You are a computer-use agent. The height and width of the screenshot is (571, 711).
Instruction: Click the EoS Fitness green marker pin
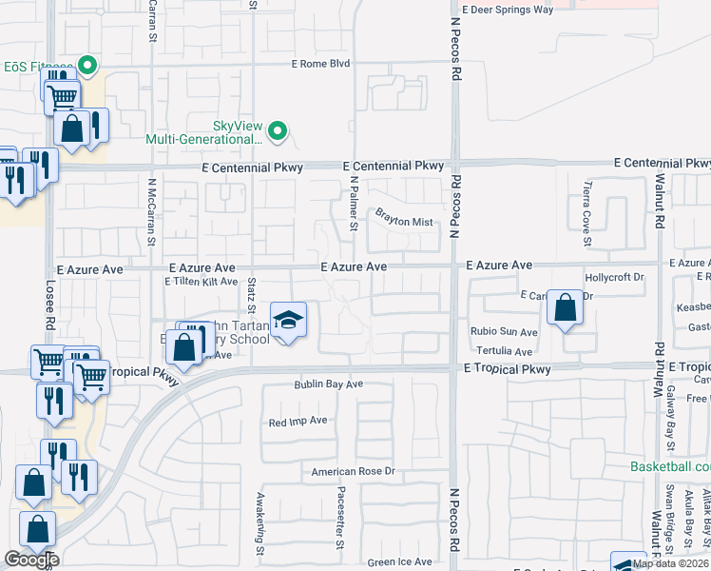pyautogui.click(x=87, y=66)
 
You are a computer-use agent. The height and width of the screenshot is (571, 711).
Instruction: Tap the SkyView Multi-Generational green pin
pyautogui.click(x=278, y=130)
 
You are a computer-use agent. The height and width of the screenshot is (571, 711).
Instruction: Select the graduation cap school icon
pyautogui.click(x=288, y=320)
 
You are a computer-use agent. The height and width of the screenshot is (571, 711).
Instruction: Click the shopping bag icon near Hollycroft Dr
pyautogui.click(x=566, y=308)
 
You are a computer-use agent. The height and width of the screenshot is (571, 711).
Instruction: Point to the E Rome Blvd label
pyautogui.click(x=320, y=64)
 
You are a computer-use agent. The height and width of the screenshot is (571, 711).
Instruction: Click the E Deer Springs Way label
pyautogui.click(x=507, y=10)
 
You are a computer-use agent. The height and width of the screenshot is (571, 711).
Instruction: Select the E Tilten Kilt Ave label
pyautogui.click(x=201, y=282)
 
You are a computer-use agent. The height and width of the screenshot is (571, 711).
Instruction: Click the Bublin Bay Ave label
pyautogui.click(x=328, y=384)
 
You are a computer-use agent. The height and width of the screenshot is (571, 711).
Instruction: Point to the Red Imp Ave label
pyautogui.click(x=298, y=421)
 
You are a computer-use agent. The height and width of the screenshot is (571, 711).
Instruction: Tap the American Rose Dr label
pyautogui.click(x=353, y=472)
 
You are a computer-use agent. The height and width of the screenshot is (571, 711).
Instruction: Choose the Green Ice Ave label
pyautogui.click(x=399, y=561)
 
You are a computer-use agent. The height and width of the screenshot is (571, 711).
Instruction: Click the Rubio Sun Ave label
pyautogui.click(x=504, y=332)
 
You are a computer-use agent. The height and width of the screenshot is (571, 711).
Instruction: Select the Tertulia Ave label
pyautogui.click(x=504, y=351)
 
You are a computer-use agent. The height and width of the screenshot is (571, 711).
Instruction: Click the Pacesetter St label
pyautogui.click(x=339, y=519)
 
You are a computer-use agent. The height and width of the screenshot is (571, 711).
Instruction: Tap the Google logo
pyautogui.click(x=31, y=560)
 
